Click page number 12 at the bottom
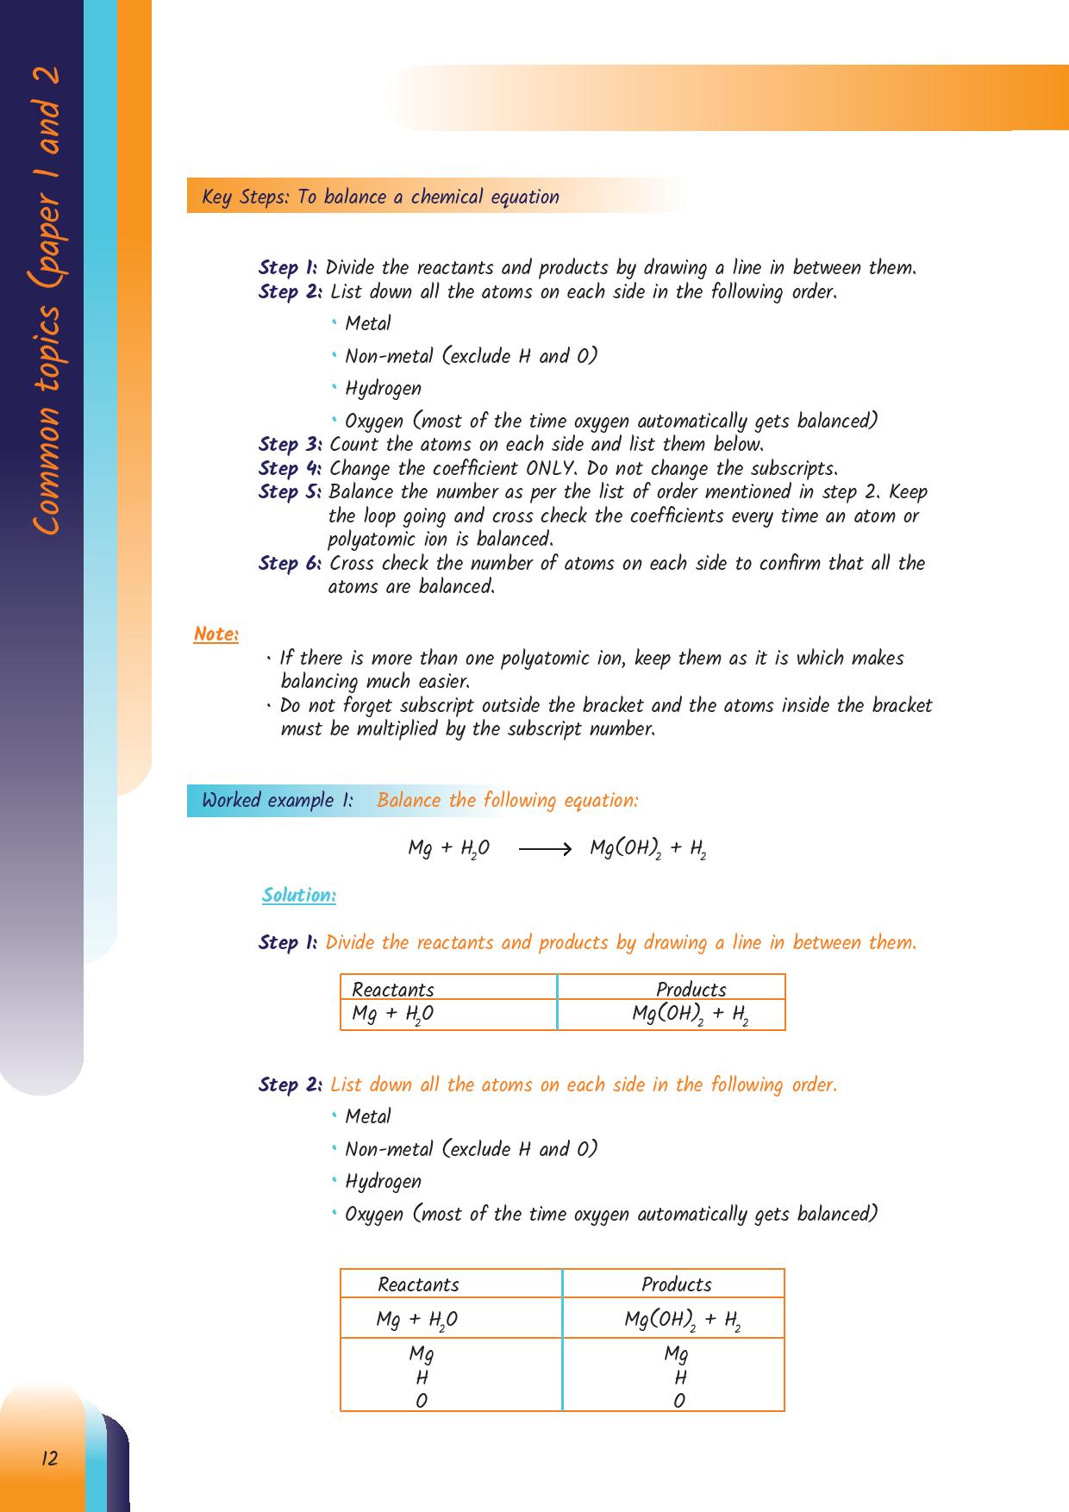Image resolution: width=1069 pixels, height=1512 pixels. (49, 1459)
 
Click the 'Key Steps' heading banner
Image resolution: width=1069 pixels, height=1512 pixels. (380, 197)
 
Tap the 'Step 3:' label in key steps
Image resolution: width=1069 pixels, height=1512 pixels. (291, 445)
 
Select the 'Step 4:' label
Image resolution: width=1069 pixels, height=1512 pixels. (291, 469)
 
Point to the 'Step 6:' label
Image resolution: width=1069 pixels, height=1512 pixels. (291, 564)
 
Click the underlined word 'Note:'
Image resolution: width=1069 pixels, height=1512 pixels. (216, 634)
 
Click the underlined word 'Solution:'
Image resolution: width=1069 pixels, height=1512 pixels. (298, 896)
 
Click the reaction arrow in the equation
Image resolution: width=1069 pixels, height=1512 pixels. (545, 849)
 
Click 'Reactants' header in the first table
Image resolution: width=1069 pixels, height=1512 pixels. (393, 990)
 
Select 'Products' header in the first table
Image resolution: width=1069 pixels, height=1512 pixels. (691, 990)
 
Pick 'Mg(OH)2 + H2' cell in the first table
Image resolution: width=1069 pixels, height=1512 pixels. (690, 1015)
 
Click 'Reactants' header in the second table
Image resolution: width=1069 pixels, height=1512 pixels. (418, 1284)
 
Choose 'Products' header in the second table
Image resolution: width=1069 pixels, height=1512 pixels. (676, 1284)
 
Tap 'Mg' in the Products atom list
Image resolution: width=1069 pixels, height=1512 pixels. (676, 1354)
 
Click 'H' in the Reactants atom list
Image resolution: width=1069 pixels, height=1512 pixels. (422, 1378)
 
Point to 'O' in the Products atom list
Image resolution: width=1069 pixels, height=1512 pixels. (678, 1402)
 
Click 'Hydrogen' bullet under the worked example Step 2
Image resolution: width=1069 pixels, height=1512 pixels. (383, 1182)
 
